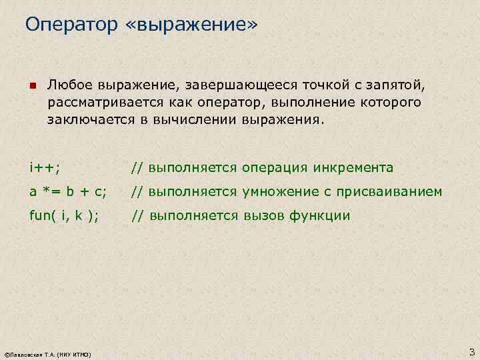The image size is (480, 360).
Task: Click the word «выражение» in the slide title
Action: pos(190,25)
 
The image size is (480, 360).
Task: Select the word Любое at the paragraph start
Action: pos(70,86)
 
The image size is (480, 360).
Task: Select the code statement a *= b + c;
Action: pos(67,192)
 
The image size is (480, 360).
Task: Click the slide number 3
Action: pos(471,351)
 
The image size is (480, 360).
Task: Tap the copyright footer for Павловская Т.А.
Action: pos(47,353)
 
